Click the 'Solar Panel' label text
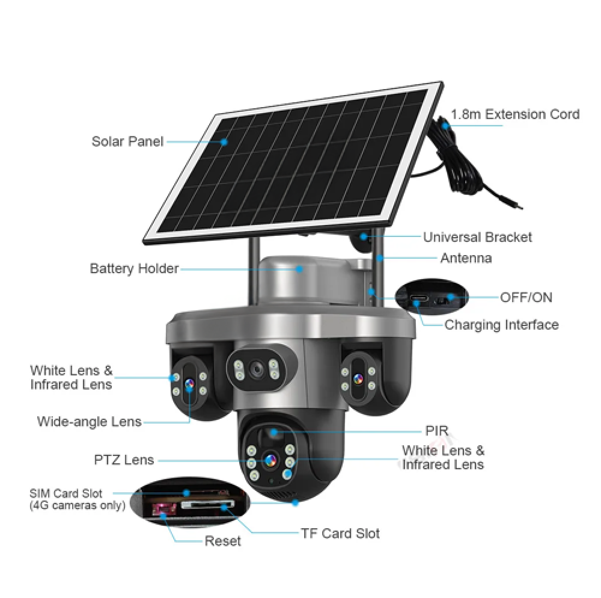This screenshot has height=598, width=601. pyautogui.click(x=127, y=142)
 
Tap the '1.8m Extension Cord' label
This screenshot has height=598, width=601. pyautogui.click(x=515, y=114)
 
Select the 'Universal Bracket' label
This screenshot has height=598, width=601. pyautogui.click(x=477, y=237)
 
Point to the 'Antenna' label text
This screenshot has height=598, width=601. pyautogui.click(x=466, y=258)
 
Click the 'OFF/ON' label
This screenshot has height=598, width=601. pyautogui.click(x=526, y=297)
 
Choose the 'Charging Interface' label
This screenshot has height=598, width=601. pyautogui.click(x=501, y=325)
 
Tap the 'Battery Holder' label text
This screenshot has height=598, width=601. pyautogui.click(x=134, y=268)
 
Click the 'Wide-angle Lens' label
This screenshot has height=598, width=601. pyautogui.click(x=89, y=421)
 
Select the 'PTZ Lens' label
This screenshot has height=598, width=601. pyautogui.click(x=124, y=460)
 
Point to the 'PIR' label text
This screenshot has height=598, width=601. pyautogui.click(x=436, y=431)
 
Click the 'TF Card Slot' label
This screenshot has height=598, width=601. pyautogui.click(x=340, y=533)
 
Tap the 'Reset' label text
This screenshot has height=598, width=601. pyautogui.click(x=222, y=541)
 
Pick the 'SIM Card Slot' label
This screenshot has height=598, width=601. pyautogui.click(x=66, y=494)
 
